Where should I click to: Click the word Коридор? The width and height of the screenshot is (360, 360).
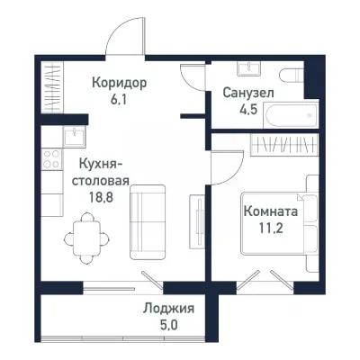coord(119,83)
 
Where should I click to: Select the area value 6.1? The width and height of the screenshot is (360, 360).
coord(119,100)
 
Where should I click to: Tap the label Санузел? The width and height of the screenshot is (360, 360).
coord(247,93)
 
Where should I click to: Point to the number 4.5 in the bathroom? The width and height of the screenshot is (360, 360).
coord(247,111)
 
